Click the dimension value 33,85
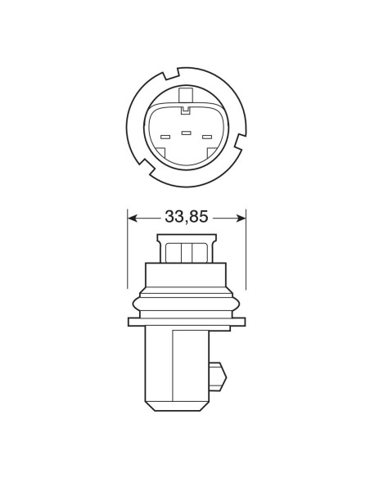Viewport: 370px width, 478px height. (187, 217)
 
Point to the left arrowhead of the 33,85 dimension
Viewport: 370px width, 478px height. (133, 217)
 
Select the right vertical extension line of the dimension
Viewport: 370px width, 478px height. (246, 246)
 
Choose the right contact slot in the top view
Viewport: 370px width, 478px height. (206, 137)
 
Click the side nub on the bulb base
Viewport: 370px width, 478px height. (218, 375)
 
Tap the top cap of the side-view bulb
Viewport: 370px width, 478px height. (187, 246)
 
